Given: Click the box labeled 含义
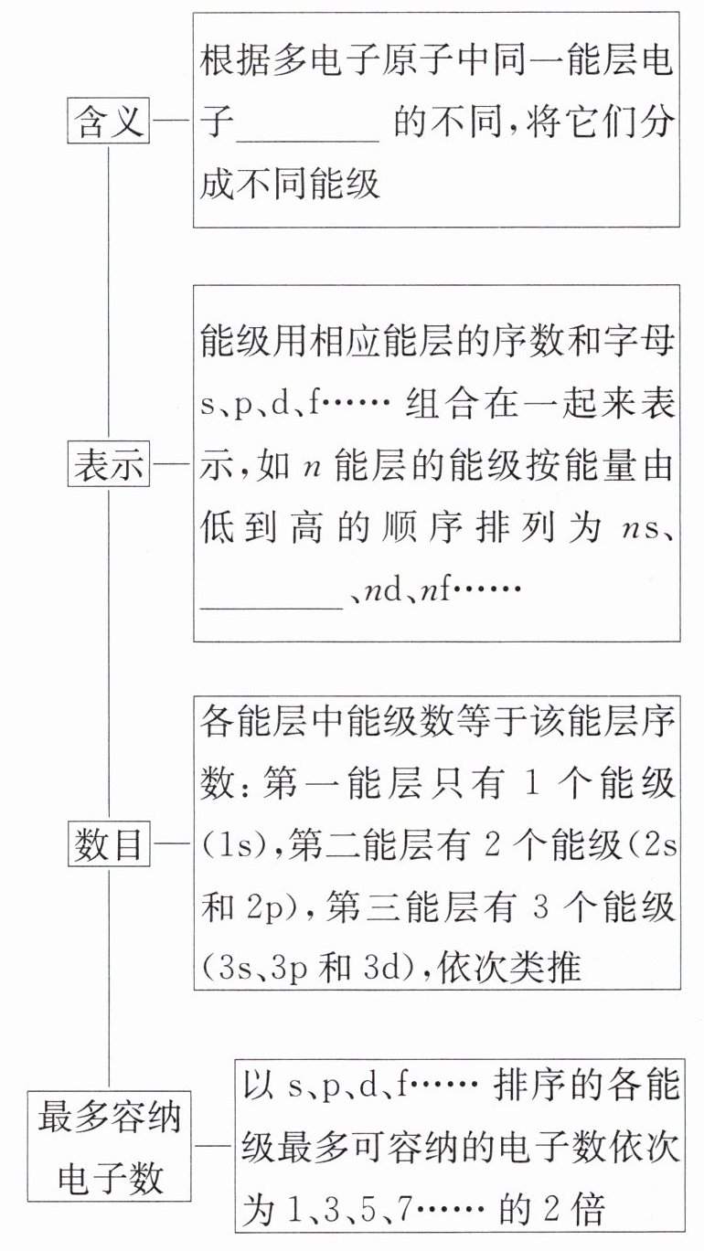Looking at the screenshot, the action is [x=109, y=122].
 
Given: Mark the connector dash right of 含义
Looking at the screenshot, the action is [x=171, y=122].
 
